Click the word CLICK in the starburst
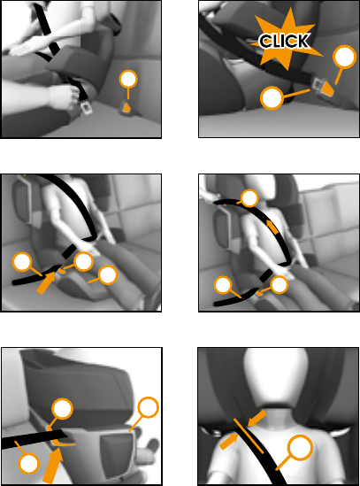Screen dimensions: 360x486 pyautogui.click(x=284, y=41)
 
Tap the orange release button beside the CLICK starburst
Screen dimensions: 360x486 pyautogui.click(x=327, y=89)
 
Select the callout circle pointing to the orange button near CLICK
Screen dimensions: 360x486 pyautogui.click(x=344, y=57)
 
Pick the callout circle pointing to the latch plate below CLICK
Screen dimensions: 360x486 pyautogui.click(x=272, y=98)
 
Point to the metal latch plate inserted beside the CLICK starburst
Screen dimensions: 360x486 pyautogui.click(x=318, y=84)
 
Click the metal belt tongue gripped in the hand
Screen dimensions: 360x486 pyautogui.click(x=87, y=107)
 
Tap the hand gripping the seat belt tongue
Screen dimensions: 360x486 pyautogui.click(x=64, y=97)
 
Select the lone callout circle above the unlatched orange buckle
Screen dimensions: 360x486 pyautogui.click(x=128, y=80)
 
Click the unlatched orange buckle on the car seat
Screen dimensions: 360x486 pyautogui.click(x=126, y=107)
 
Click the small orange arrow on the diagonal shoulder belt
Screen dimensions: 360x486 pyautogui.click(x=272, y=228)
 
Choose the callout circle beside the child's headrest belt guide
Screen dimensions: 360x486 pyautogui.click(x=249, y=197)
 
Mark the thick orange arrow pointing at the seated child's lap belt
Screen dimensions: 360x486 pyautogui.click(x=47, y=282)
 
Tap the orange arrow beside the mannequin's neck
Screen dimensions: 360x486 pyautogui.click(x=257, y=418)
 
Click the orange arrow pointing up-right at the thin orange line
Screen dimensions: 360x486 pyautogui.click(x=228, y=442)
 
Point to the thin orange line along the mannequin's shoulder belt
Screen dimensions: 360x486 pyautogui.click(x=249, y=436)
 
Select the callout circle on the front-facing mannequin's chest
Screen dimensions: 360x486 pyautogui.click(x=300, y=448)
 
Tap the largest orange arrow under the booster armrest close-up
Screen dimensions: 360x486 pyautogui.click(x=53, y=466)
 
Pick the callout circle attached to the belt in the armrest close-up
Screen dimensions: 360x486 pyautogui.click(x=28, y=464)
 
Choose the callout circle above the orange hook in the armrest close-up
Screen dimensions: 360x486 pyautogui.click(x=62, y=409)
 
